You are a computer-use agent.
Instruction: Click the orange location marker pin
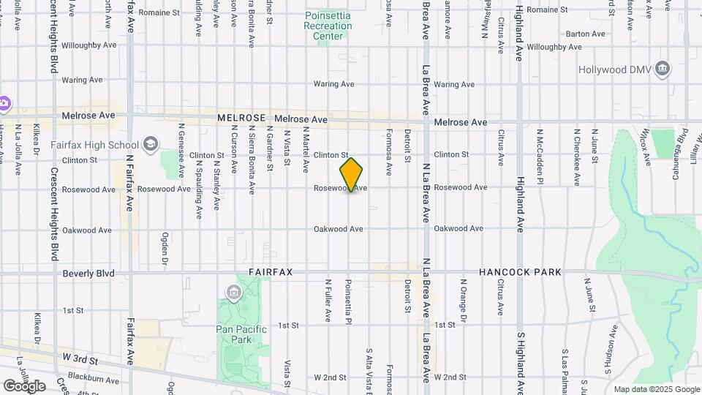(x=351, y=174)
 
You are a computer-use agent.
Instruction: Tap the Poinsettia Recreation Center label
(x=328, y=26)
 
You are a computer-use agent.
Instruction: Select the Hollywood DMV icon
(x=663, y=69)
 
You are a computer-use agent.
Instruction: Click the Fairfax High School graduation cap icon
(x=150, y=143)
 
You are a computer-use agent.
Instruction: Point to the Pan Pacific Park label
(x=241, y=334)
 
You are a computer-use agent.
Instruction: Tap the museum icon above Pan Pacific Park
(x=233, y=294)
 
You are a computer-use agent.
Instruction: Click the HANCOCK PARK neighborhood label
(x=520, y=272)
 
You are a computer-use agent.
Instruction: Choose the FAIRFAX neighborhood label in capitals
(x=271, y=272)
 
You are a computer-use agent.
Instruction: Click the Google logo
(x=24, y=385)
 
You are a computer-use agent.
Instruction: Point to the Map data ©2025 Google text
(x=657, y=389)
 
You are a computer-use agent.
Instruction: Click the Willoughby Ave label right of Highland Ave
(x=556, y=47)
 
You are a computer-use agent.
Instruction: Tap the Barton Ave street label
(x=585, y=34)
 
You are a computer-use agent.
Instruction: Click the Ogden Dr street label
(x=165, y=249)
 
